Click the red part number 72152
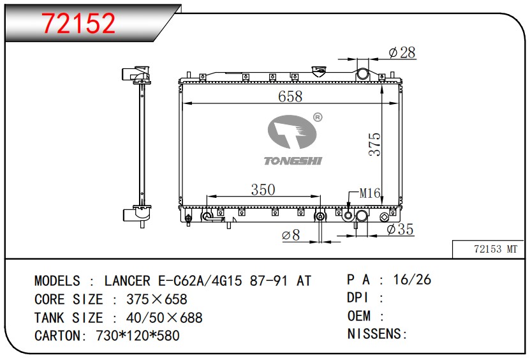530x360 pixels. (78, 23)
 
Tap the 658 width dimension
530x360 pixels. (290, 96)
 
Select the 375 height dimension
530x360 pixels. (374, 144)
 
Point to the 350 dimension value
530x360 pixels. (263, 190)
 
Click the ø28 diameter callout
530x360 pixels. (402, 52)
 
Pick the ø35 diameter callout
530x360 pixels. (400, 229)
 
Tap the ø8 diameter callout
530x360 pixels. (291, 235)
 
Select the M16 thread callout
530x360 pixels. (370, 193)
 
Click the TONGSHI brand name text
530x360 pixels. (293, 161)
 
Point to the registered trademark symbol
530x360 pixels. (318, 117)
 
